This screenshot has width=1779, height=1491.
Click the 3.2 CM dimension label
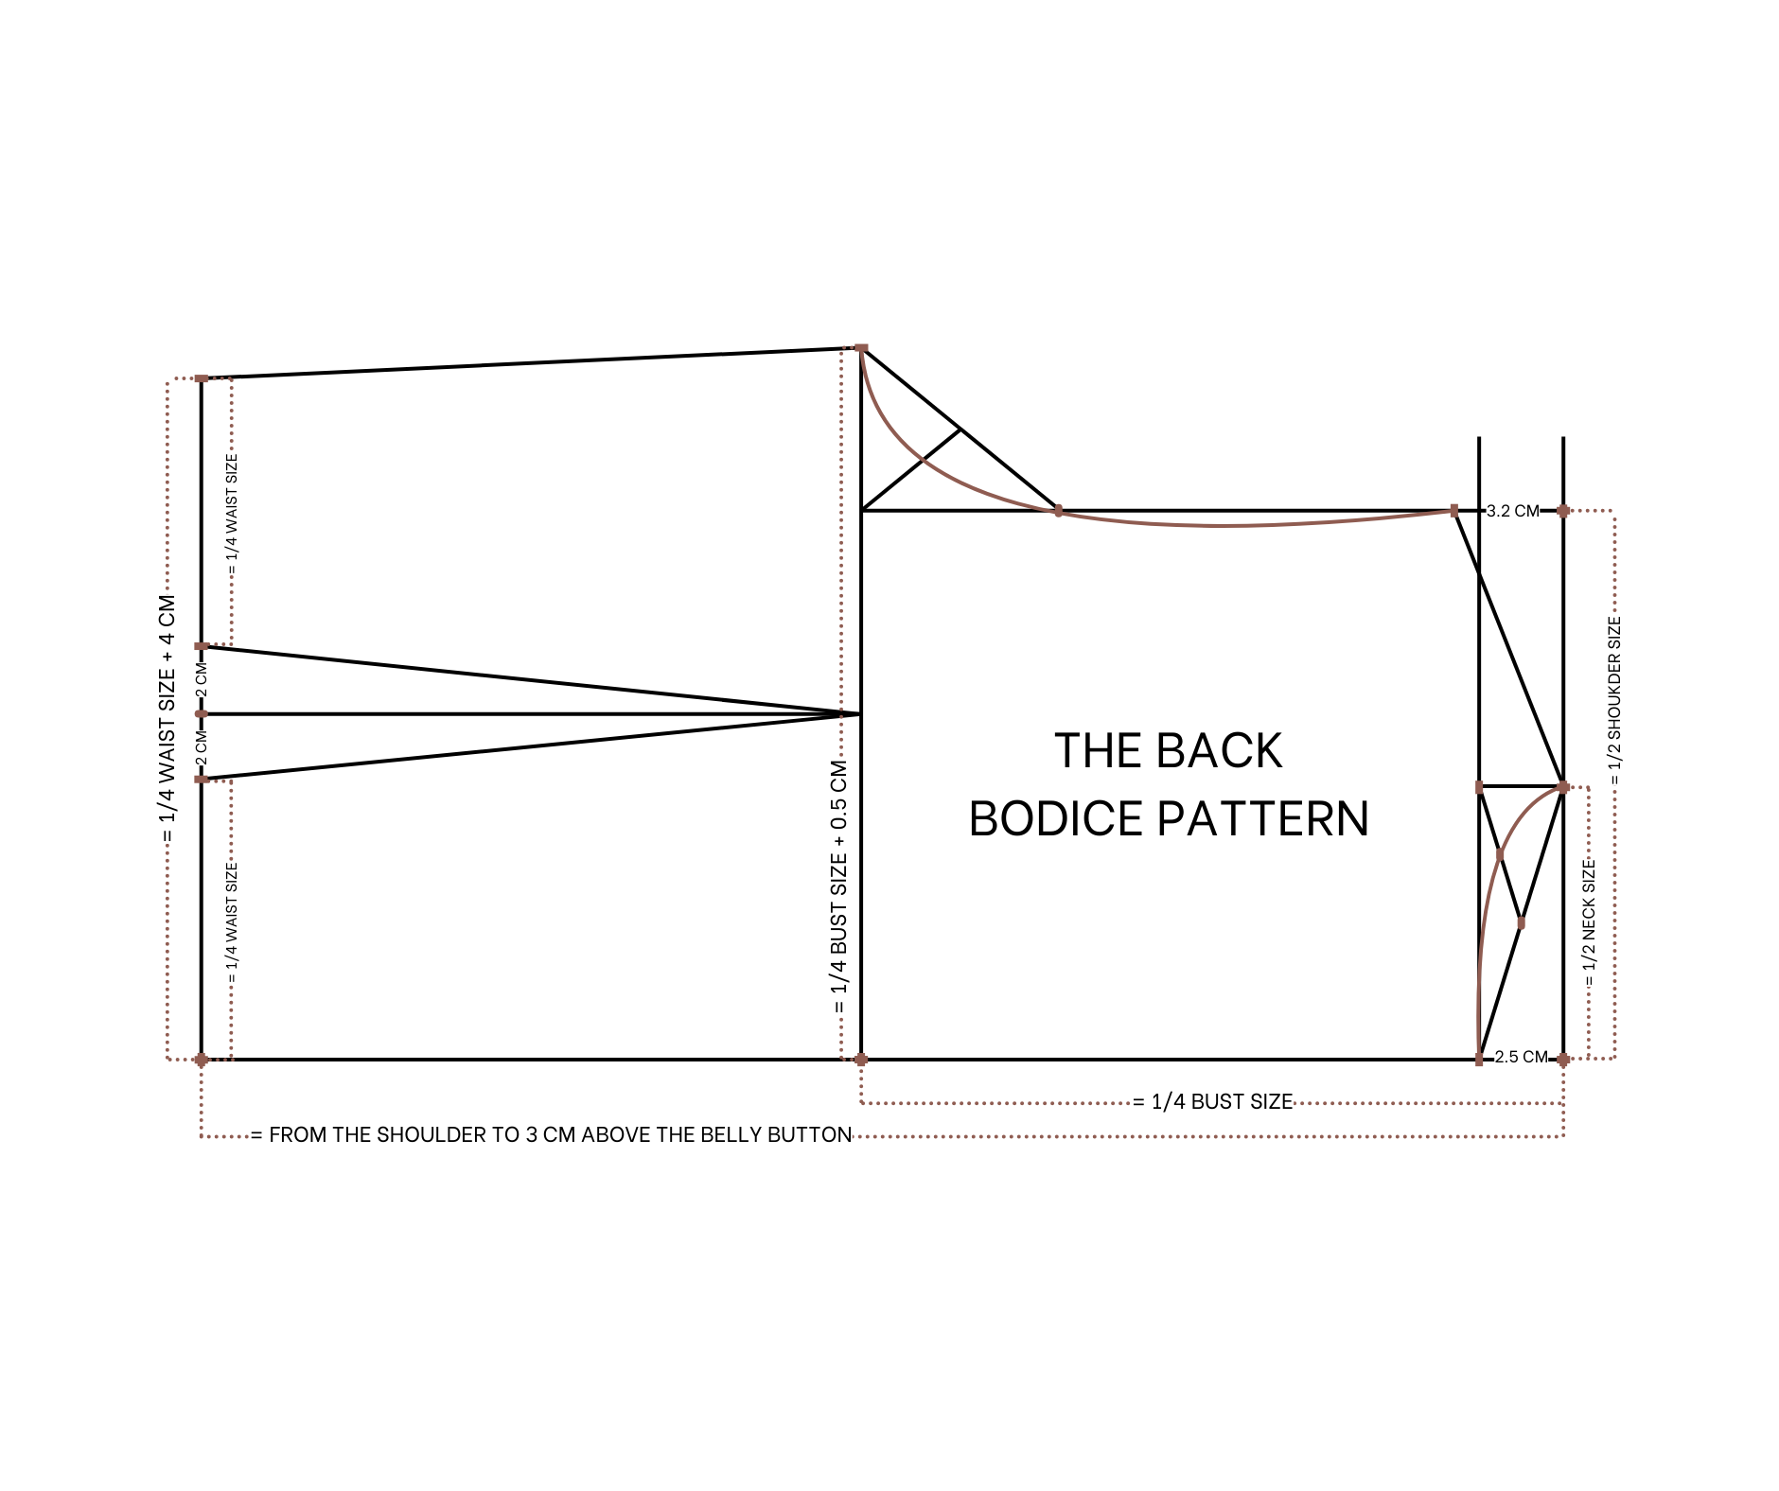(1512, 511)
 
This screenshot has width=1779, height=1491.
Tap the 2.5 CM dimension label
(1521, 1057)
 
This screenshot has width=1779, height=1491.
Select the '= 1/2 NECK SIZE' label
(1589, 923)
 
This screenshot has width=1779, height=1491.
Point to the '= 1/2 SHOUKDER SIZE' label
(1614, 701)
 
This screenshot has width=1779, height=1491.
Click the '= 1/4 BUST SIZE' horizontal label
(1213, 1101)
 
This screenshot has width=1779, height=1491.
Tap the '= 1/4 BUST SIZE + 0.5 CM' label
(839, 886)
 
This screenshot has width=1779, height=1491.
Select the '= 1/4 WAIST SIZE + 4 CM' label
(167, 719)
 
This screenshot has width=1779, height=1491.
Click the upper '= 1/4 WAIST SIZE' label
(233, 515)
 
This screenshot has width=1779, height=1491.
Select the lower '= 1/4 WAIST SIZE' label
(233, 923)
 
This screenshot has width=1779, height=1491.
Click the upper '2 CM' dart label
(201, 680)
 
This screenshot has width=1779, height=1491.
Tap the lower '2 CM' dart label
(201, 748)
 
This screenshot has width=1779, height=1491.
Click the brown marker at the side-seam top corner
(861, 348)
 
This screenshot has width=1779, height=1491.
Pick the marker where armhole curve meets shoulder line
(1058, 511)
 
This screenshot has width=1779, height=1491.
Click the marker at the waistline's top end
(202, 378)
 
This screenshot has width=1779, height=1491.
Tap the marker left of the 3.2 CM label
(1454, 511)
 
